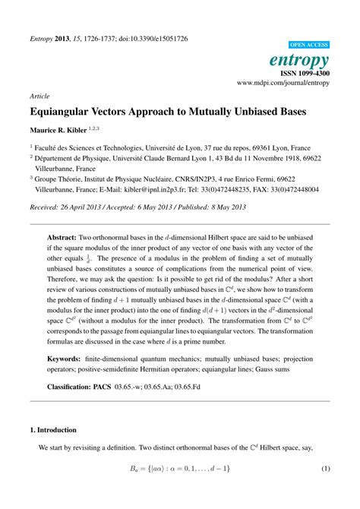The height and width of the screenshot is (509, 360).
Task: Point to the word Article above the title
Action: pyautogui.click(x=39, y=97)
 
